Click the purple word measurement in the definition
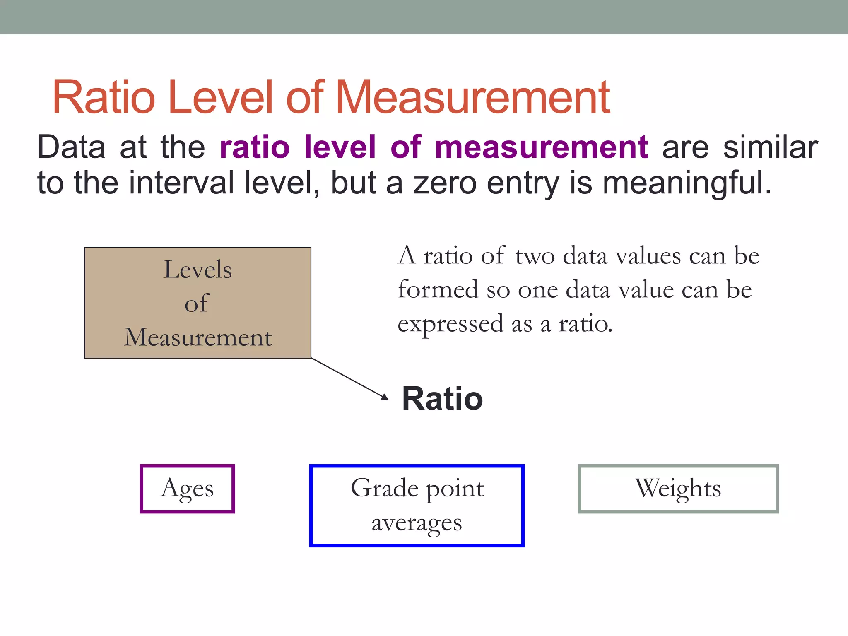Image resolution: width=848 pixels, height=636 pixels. tap(541, 147)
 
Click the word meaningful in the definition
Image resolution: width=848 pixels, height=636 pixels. tap(687, 183)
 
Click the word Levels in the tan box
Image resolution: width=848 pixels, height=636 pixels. tap(198, 270)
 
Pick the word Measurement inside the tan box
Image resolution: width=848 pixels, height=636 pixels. tap(198, 337)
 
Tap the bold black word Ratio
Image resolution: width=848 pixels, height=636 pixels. tap(442, 399)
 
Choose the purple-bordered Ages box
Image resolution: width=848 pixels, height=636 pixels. tap(187, 489)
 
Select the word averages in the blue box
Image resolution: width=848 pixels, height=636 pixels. tap(417, 523)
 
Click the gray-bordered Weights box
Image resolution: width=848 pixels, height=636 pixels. tap(678, 489)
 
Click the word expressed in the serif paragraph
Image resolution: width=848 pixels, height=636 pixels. tap(450, 323)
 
